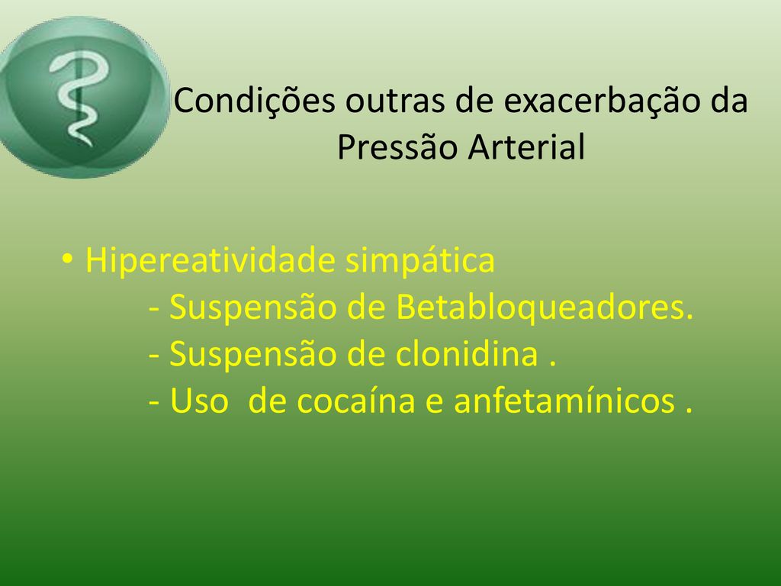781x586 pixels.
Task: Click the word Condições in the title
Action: click(254, 101)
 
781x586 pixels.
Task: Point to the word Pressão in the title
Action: click(397, 147)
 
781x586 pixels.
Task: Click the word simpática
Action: click(420, 260)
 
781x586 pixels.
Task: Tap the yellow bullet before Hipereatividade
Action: click(67, 259)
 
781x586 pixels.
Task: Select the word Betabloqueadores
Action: click(545, 307)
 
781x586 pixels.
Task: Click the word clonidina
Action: click(467, 354)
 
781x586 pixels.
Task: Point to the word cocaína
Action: click(355, 401)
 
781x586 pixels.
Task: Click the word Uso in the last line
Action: click(199, 401)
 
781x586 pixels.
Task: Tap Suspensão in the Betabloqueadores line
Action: click(252, 307)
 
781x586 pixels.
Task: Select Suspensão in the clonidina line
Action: click(252, 354)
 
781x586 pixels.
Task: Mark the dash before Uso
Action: click(154, 402)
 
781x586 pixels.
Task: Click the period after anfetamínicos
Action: click(689, 411)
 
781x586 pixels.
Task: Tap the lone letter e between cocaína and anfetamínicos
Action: click(434, 403)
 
